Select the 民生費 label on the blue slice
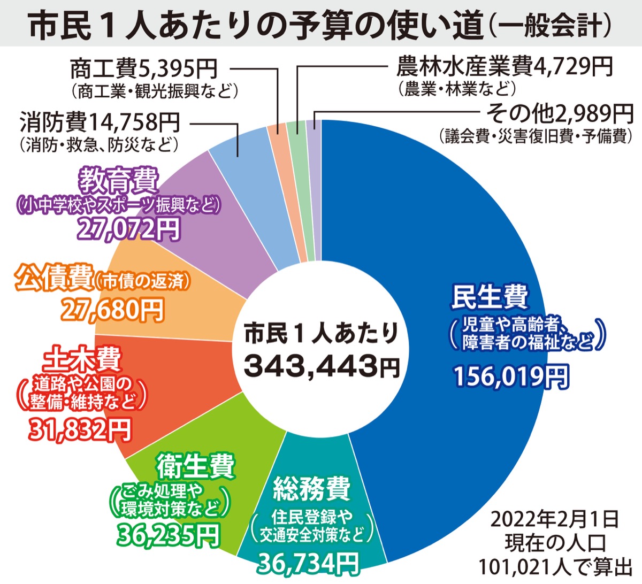pos(490,297)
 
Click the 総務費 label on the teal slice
pos(311,488)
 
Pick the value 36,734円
pos(309,562)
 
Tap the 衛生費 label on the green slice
pos(195,466)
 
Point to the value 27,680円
pos(112,309)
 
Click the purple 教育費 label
pos(118,181)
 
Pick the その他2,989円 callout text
pos(559,113)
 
